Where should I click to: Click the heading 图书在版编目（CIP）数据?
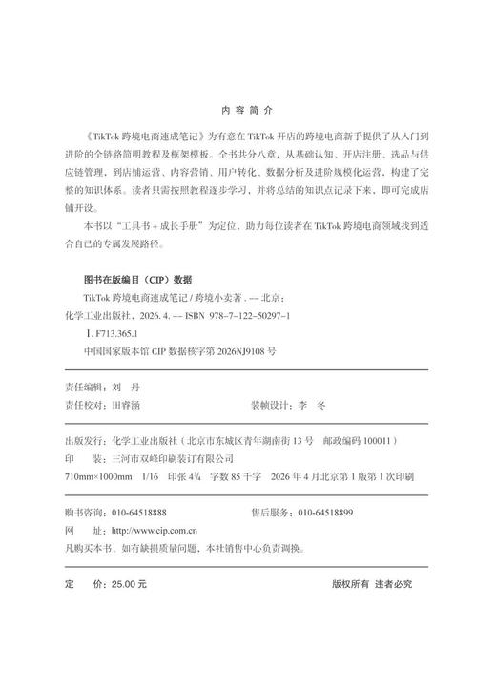[138, 280]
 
